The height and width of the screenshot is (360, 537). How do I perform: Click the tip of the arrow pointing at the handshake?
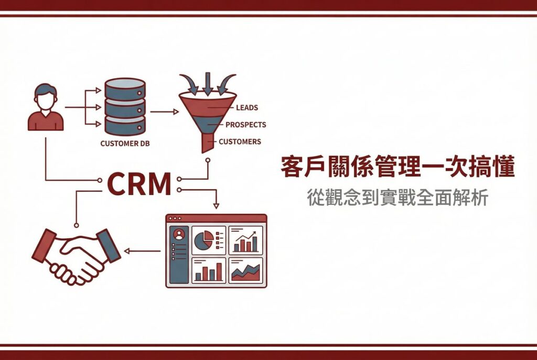coord(124,251)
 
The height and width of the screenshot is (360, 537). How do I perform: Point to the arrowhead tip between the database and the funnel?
coord(179,112)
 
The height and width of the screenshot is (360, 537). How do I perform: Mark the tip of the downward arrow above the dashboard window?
coord(216,209)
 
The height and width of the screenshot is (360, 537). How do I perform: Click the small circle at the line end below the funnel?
coord(208,160)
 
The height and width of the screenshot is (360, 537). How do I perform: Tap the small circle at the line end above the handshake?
coord(77,225)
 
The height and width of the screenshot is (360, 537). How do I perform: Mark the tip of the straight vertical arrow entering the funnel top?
coord(208,95)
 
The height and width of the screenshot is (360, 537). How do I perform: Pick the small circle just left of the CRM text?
coord(100,180)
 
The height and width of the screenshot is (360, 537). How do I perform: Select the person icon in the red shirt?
coord(46,107)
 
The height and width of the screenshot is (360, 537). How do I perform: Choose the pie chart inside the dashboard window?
coord(204,240)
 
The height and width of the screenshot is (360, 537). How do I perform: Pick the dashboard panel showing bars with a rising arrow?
coord(245,240)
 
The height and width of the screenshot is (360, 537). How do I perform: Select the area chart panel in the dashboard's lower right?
coord(245,271)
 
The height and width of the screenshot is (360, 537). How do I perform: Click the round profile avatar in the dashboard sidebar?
coord(179,234)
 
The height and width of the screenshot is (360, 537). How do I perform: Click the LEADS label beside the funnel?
coord(247,108)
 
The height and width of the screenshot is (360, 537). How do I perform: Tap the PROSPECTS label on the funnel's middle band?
coord(245,125)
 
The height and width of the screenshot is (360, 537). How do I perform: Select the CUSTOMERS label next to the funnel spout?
coord(240,141)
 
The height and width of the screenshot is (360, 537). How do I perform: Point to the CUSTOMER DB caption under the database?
coord(125,144)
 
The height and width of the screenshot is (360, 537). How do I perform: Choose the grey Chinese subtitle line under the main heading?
coord(398,198)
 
